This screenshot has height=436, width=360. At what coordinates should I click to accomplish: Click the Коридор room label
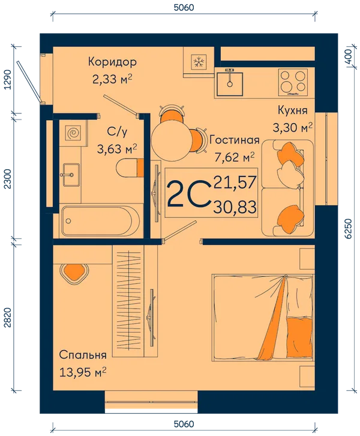[x=112, y=62]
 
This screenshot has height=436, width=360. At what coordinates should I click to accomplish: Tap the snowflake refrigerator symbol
[x=199, y=61]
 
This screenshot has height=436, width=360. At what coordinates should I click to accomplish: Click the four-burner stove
[x=293, y=83]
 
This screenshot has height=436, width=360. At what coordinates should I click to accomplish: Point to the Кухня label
[x=293, y=111]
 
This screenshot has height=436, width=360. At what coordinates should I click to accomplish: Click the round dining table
[x=171, y=139]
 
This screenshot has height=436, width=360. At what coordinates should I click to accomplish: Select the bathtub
[x=101, y=221]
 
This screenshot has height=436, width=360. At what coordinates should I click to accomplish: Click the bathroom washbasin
[x=71, y=175]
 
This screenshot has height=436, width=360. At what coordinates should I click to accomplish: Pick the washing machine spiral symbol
[x=74, y=133]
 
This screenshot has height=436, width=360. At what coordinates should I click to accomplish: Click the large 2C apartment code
[x=188, y=194]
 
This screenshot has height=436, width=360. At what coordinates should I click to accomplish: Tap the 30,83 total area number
[x=235, y=207]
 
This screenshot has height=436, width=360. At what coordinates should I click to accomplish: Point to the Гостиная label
[x=235, y=140]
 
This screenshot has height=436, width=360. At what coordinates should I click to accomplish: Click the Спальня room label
[x=83, y=355]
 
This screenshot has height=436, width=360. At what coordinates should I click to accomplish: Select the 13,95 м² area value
[x=83, y=372]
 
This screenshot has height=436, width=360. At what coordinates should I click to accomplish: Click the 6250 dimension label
[x=349, y=229]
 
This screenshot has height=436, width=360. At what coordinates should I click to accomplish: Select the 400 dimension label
[x=349, y=56]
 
